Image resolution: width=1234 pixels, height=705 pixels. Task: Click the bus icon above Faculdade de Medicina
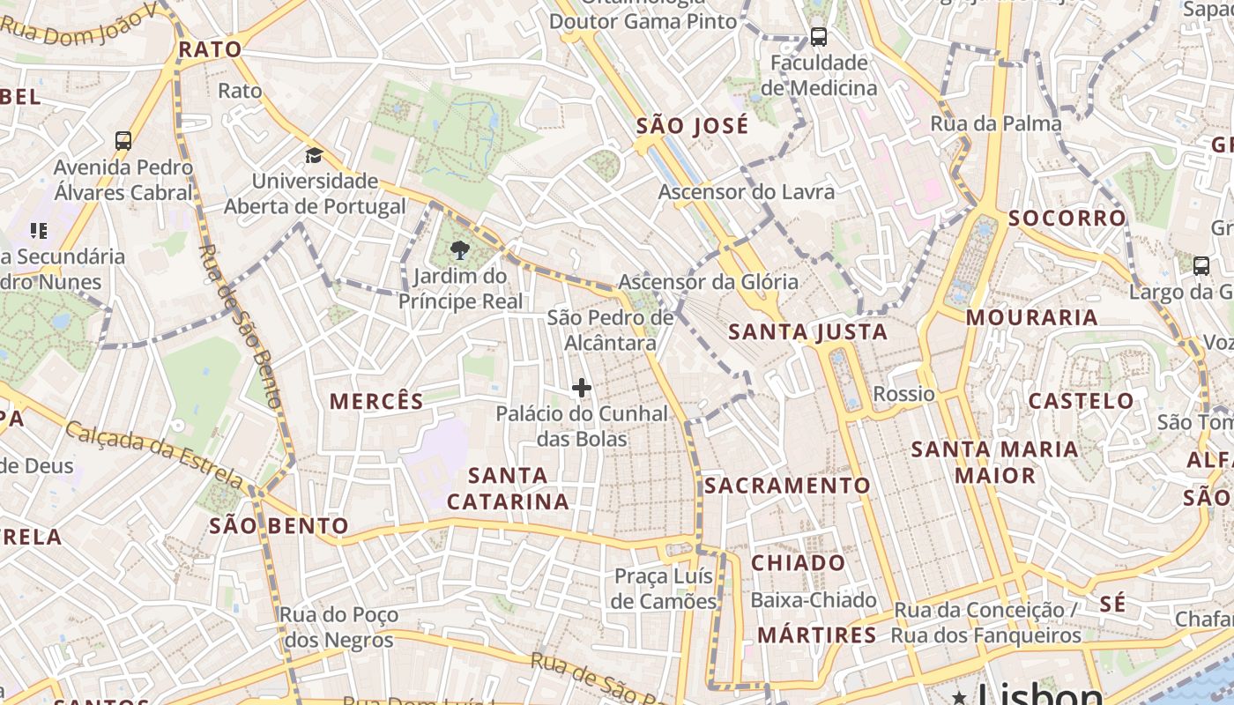tap(819, 37)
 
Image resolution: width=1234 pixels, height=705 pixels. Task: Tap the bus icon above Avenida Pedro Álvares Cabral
tap(123, 140)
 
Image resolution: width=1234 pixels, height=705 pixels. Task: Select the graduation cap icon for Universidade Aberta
tap(314, 156)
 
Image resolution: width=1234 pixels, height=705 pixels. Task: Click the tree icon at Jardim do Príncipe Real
tap(458, 251)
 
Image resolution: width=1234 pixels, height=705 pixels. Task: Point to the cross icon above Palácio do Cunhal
tap(582, 387)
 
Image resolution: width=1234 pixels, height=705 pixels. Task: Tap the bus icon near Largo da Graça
tap(1201, 265)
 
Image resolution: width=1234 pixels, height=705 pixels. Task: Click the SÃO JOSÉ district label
tap(692, 125)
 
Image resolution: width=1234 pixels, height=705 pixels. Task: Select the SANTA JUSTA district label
tap(808, 332)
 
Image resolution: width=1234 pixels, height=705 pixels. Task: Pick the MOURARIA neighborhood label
tap(1031, 317)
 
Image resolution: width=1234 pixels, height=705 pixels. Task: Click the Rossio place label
tap(903, 393)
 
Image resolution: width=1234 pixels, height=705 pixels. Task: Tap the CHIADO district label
tap(798, 562)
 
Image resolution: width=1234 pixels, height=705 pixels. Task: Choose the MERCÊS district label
tap(376, 401)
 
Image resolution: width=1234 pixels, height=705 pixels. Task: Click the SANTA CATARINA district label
tap(508, 488)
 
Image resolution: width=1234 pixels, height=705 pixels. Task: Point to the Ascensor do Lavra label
tap(746, 191)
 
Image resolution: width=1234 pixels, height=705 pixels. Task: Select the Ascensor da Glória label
tap(708, 282)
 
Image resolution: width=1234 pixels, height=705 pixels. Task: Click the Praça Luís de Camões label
tap(665, 589)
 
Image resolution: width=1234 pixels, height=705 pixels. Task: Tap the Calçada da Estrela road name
tap(154, 455)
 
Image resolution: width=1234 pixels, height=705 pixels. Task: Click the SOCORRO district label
tap(1067, 218)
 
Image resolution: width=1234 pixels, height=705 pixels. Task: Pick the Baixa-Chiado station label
tap(813, 600)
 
